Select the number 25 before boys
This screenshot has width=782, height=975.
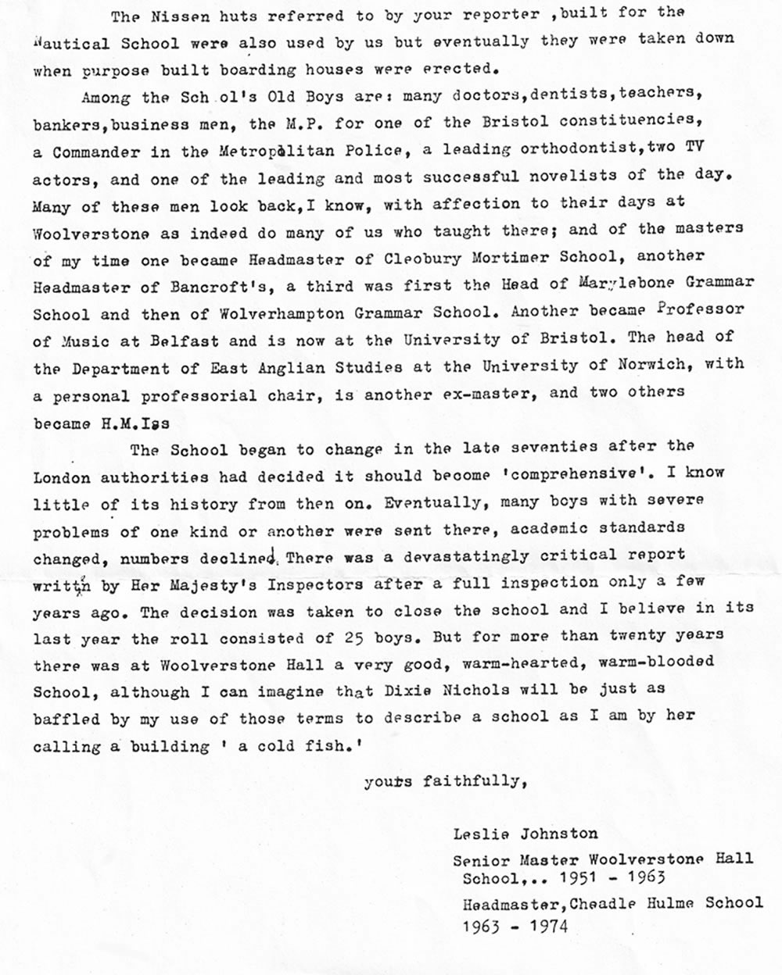[x=353, y=637]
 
